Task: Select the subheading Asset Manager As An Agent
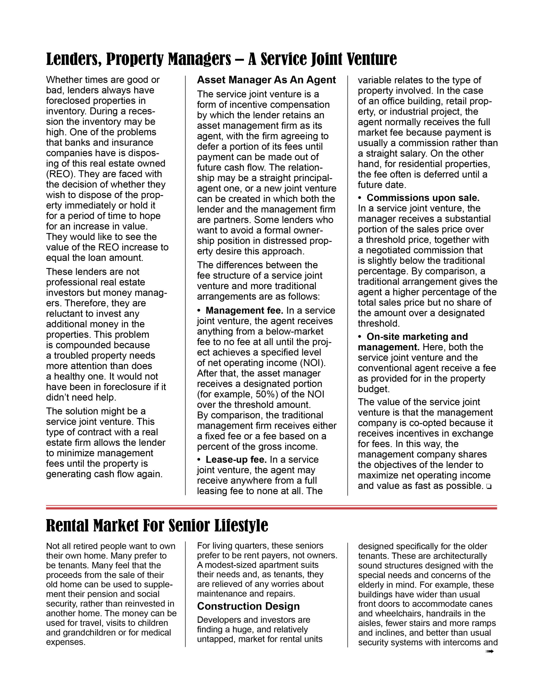point(266,80)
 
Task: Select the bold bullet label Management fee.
point(244,310)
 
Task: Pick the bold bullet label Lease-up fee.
point(236,459)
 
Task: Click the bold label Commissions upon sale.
point(423,198)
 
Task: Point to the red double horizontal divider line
point(271,507)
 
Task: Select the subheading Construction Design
point(248,606)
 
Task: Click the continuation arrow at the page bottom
point(489,651)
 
